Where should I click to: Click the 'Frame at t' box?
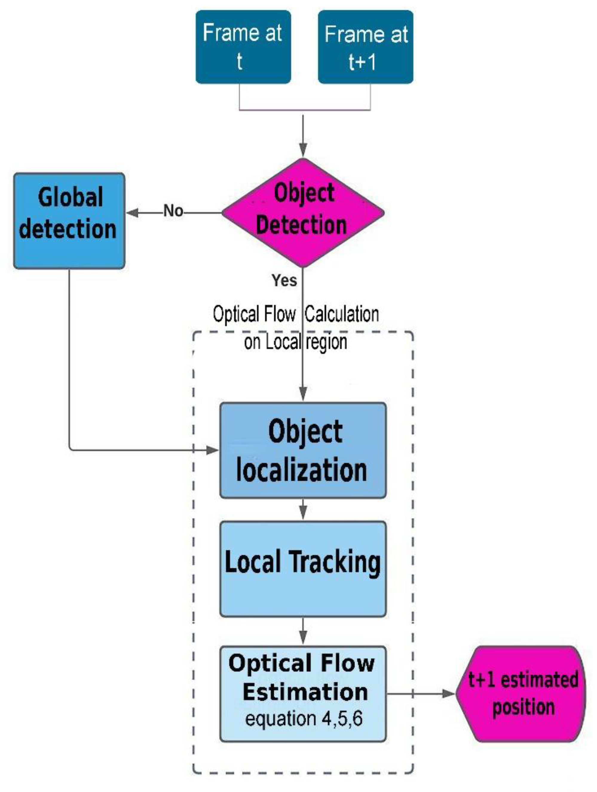click(243, 47)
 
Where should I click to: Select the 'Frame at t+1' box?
click(365, 47)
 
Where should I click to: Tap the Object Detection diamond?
click(303, 213)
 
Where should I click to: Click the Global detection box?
click(69, 221)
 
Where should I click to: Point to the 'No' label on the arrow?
click(173, 211)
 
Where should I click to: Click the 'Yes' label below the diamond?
click(284, 280)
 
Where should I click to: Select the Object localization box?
click(303, 450)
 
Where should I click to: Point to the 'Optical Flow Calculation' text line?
click(296, 314)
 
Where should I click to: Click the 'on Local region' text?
click(296, 342)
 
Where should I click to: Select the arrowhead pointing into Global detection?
click(132, 213)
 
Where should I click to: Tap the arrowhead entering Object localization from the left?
click(213, 450)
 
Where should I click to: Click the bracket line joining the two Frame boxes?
click(304, 110)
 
